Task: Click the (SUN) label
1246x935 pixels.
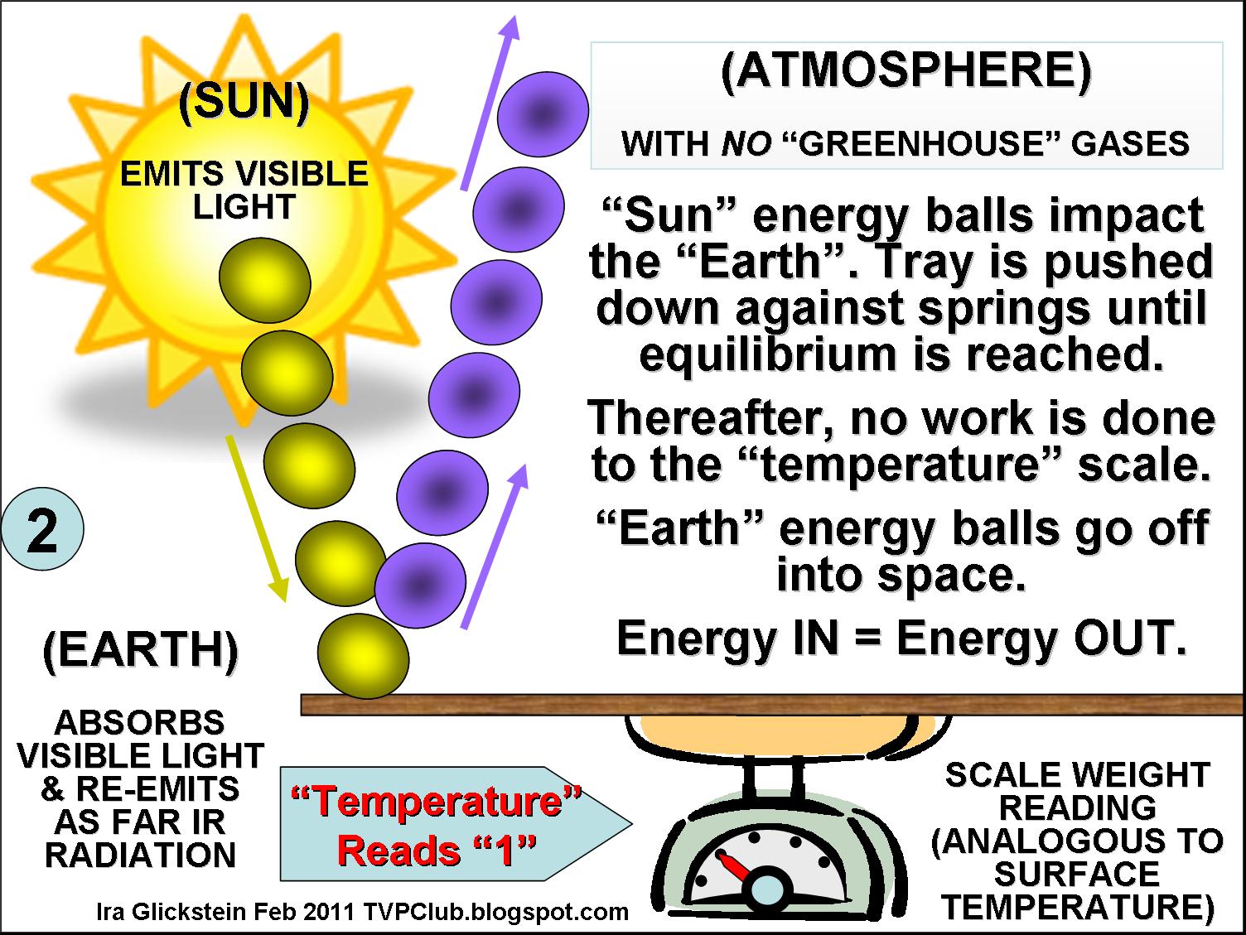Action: (x=244, y=104)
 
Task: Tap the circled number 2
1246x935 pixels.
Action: (x=42, y=531)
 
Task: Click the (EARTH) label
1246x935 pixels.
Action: (x=140, y=650)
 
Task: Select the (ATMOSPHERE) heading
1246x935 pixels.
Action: (x=906, y=71)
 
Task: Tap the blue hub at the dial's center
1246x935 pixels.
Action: (x=766, y=891)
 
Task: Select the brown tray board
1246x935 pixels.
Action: (x=770, y=705)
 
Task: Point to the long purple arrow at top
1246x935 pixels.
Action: (x=488, y=104)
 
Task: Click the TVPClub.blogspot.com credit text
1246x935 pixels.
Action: (x=495, y=912)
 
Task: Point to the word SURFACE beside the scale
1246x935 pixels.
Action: (x=1076, y=875)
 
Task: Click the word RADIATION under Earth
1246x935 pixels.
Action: (x=140, y=855)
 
